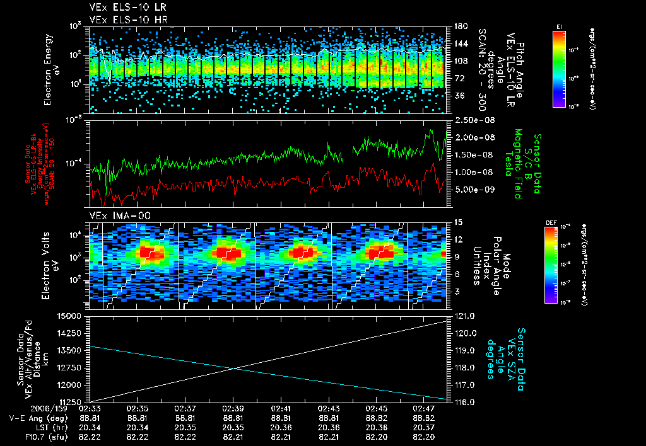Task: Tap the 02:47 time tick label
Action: (427, 408)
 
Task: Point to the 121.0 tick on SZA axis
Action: (466, 315)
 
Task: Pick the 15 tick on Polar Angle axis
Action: (459, 222)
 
